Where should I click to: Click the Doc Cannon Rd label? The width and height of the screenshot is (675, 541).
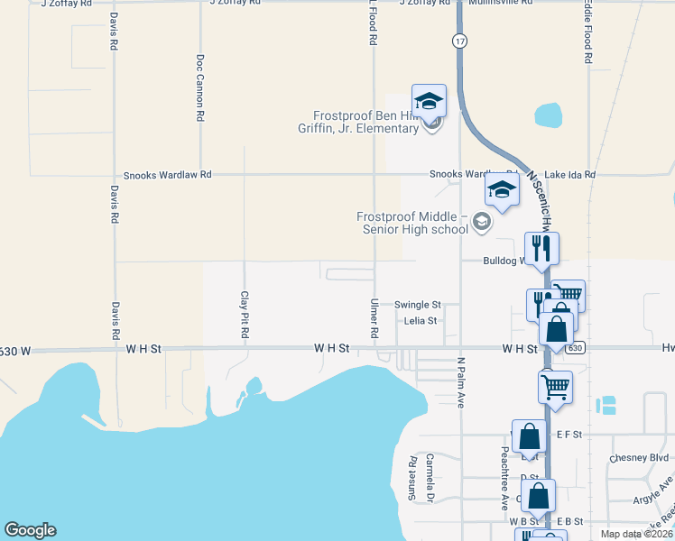click(200, 87)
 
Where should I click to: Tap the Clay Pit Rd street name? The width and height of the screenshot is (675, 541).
click(244, 315)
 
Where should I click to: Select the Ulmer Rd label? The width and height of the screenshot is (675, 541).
click(374, 319)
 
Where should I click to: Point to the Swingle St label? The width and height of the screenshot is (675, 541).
click(417, 305)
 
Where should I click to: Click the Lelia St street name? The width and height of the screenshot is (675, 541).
click(421, 320)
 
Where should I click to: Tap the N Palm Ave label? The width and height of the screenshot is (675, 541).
click(460, 383)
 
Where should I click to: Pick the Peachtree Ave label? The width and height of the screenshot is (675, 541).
click(504, 478)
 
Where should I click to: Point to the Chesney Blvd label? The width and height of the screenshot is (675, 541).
click(640, 457)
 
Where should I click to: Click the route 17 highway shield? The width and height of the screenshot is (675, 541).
click(460, 41)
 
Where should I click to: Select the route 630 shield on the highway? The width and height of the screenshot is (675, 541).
click(577, 347)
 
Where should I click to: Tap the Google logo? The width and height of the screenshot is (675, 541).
click(30, 530)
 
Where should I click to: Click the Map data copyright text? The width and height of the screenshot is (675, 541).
click(636, 534)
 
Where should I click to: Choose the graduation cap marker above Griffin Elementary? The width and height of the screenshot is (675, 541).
click(430, 101)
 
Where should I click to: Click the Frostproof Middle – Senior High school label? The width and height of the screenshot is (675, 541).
click(412, 223)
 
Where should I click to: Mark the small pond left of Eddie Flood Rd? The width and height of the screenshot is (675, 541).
click(548, 115)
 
